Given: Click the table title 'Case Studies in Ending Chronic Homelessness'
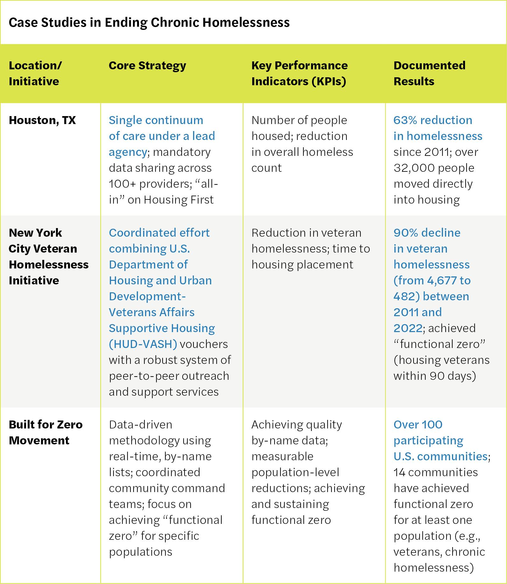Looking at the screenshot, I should [x=149, y=23].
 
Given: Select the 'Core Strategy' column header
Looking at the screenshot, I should [x=147, y=66].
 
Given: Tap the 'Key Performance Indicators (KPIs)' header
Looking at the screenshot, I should [x=299, y=73].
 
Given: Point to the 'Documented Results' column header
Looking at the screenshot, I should [x=429, y=73].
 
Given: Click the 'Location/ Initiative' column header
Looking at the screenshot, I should [x=35, y=73].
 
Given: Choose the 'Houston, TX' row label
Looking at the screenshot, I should [x=42, y=120].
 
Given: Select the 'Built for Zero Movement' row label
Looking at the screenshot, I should [x=45, y=432].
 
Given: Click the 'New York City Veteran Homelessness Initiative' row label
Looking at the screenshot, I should [x=48, y=256].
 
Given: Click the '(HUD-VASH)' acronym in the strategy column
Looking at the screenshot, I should [x=143, y=344].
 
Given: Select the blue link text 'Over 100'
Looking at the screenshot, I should [x=418, y=425].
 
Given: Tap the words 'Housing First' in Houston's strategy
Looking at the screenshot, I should [x=178, y=200].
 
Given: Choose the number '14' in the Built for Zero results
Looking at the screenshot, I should [x=399, y=472].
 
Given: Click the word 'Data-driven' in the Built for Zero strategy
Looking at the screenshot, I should [x=140, y=425].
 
